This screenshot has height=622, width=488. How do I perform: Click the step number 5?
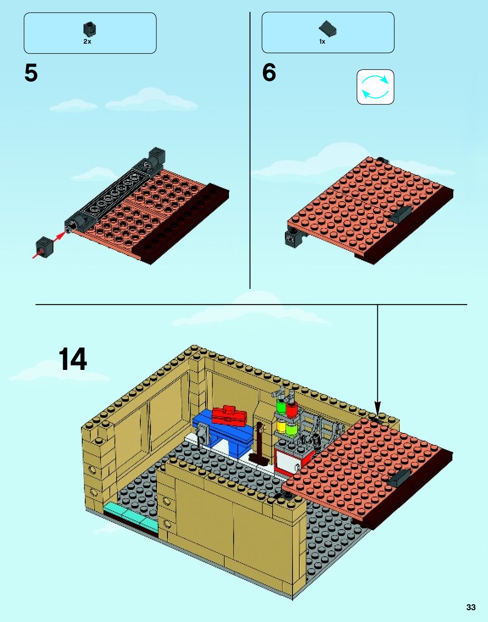click(31, 73)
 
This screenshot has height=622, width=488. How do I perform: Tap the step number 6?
click(269, 72)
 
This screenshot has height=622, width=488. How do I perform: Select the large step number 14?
click(73, 359)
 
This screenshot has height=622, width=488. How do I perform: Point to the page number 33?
click(471, 607)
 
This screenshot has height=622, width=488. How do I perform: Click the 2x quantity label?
click(87, 42)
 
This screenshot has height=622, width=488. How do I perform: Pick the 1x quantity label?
click(322, 42)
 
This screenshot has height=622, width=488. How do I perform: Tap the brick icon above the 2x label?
click(89, 29)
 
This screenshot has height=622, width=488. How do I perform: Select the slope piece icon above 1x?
click(328, 29)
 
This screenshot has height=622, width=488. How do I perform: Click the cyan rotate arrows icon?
click(375, 87)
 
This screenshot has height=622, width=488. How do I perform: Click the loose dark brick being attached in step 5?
click(45, 246)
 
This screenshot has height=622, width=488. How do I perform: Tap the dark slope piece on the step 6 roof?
click(401, 215)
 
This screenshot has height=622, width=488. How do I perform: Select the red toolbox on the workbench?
click(229, 415)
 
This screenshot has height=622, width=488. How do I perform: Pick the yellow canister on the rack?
click(281, 425)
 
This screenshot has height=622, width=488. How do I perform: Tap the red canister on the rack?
click(291, 408)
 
